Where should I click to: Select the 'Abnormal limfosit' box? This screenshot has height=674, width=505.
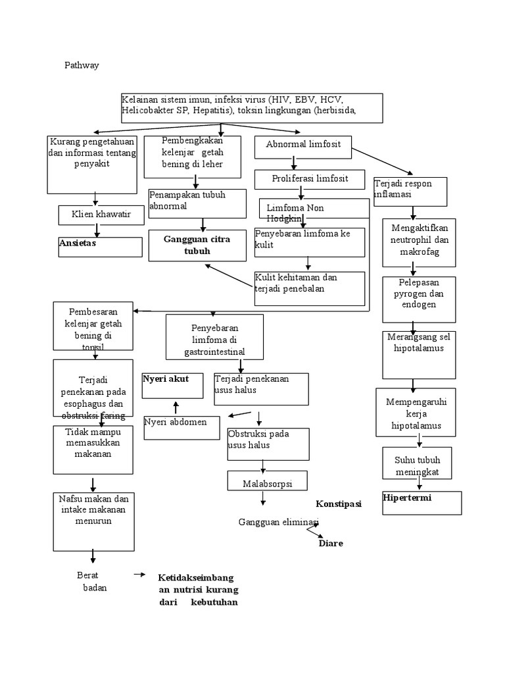click(x=303, y=146)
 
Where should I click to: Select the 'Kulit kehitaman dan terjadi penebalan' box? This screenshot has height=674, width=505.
click(x=309, y=288)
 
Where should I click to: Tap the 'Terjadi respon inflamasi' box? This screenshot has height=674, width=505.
click(x=410, y=191)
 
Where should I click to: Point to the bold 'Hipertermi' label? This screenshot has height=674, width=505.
click(x=421, y=502)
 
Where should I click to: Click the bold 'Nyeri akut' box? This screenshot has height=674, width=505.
click(x=173, y=385)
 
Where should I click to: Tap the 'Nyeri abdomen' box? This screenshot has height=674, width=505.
click(x=181, y=427)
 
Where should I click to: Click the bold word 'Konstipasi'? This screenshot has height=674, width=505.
click(x=339, y=504)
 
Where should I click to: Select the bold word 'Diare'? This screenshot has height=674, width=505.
click(x=331, y=544)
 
